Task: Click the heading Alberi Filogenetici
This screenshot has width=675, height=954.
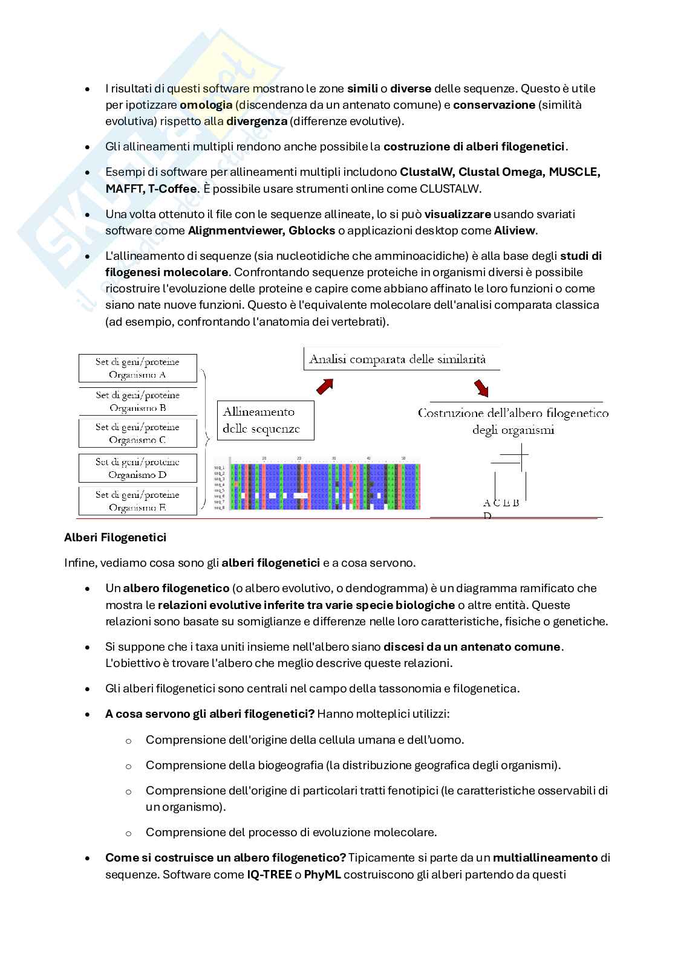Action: (x=115, y=537)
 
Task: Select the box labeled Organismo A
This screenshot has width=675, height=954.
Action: (x=138, y=368)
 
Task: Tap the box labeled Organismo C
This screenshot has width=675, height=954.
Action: (x=138, y=433)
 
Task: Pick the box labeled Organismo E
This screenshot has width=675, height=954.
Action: (x=138, y=501)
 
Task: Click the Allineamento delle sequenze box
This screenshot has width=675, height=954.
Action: (x=266, y=420)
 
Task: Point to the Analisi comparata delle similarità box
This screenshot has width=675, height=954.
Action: (x=402, y=359)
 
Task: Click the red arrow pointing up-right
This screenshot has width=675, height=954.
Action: (x=325, y=385)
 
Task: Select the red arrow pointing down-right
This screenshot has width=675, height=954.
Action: (x=481, y=388)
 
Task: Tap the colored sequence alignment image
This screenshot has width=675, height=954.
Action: (x=317, y=487)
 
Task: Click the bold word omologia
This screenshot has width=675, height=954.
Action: (x=206, y=105)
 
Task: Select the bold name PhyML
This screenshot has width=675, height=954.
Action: (x=323, y=874)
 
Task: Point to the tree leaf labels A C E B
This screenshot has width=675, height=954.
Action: (x=501, y=503)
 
